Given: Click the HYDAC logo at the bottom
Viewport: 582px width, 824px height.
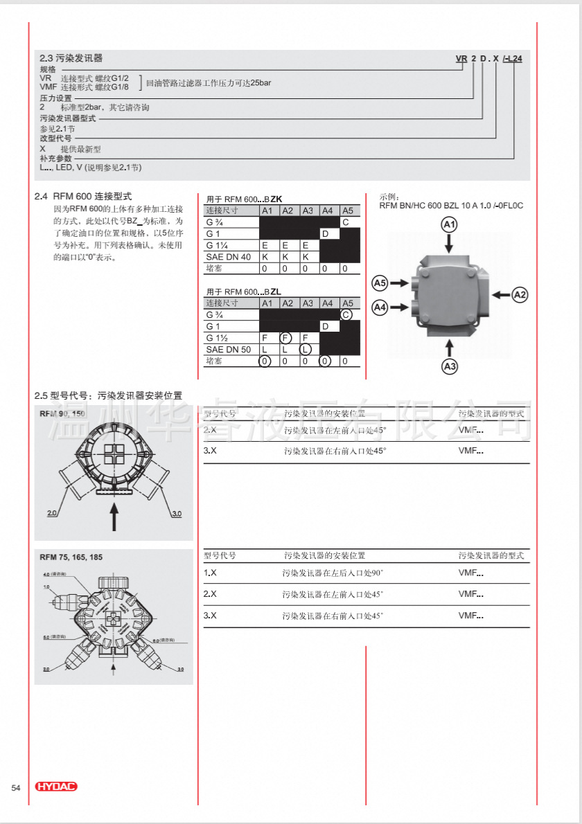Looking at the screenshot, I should pos(56,787).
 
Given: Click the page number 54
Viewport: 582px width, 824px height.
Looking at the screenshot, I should pos(16,787).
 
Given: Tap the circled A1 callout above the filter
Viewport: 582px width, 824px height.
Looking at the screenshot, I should pos(450,224).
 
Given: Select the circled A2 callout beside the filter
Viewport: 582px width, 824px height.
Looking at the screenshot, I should pos(520,295).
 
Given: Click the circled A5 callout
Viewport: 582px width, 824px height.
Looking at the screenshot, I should pos(380,283).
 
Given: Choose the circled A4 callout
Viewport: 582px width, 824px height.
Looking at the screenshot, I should pos(380,306).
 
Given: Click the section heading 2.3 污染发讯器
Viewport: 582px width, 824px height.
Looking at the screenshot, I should pos(71,58).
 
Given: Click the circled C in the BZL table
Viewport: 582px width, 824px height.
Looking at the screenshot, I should pos(346,314).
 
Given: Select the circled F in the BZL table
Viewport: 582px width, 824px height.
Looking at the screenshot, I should pos(285,338).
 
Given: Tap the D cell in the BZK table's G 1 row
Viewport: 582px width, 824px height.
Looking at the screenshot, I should pos(325,233).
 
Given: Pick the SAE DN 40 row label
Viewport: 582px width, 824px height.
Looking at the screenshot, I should pos(229,257).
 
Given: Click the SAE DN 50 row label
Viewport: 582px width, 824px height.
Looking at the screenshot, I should pos(229,350).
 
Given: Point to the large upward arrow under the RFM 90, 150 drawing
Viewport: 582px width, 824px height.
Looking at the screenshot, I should pos(114,516).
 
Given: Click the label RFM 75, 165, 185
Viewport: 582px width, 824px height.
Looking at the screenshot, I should pos(71,557).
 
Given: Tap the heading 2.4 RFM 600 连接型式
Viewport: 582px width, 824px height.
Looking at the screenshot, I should pos(83,196).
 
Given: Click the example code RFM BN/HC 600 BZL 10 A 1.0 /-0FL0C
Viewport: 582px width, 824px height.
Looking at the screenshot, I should pos(451,206).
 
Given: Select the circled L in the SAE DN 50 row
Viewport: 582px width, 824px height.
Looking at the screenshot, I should pos(306,350).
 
